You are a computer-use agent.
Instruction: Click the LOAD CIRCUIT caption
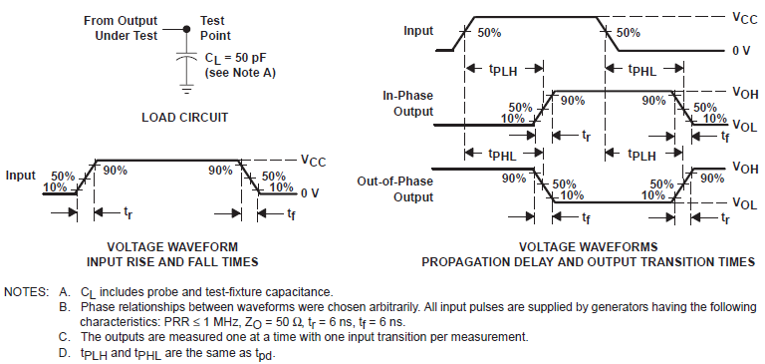(x=184, y=118)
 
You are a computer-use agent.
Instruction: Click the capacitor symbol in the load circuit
(x=184, y=59)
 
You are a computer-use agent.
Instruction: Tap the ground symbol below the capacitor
(x=184, y=85)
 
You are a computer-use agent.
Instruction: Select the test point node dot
(x=184, y=30)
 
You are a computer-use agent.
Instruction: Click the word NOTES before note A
(x=25, y=291)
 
